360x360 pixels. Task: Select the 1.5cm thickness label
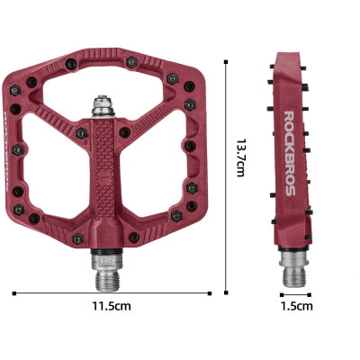click(297, 306)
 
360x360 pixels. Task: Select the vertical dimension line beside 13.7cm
click(225, 180)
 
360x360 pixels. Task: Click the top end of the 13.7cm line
click(225, 62)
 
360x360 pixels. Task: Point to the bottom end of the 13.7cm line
click(225, 292)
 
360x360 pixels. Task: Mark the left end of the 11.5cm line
click(14, 292)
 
